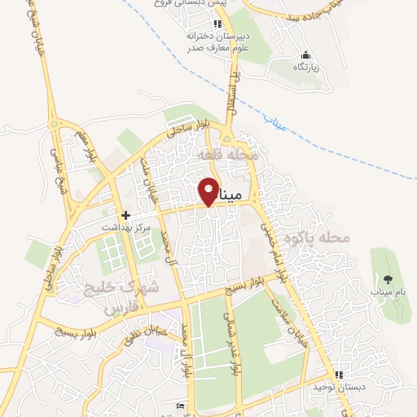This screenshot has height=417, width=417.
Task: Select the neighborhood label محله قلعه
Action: pos(232,154)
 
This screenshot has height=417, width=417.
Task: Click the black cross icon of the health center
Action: pos(126,216)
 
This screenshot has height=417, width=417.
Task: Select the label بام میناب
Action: pos(388,291)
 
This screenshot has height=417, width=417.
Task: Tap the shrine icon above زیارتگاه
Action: pos(305,54)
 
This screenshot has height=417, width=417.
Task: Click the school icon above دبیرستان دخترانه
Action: pos(216,24)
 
